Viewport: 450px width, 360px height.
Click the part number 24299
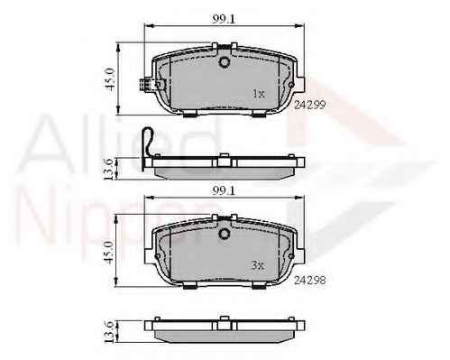309,105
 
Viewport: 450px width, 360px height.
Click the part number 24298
309,281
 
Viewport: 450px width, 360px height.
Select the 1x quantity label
259,94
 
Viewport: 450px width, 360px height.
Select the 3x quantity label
258,265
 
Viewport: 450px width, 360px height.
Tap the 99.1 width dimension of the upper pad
223,19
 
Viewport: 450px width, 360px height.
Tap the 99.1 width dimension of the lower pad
223,190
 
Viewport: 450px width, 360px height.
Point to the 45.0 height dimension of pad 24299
110,79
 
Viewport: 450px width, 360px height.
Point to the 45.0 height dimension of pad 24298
110,252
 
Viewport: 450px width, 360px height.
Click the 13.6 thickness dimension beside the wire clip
109,170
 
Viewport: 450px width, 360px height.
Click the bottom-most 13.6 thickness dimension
109,332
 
